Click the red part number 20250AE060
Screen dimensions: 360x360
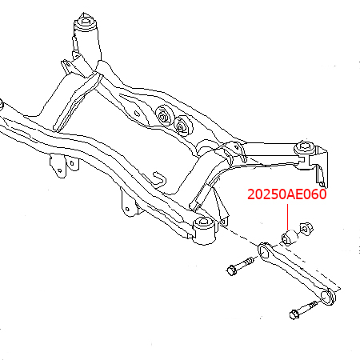pyautogui.click(x=287, y=194)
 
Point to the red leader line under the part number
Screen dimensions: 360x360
pyautogui.click(x=288, y=217)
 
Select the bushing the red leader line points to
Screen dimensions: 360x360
pyautogui.click(x=290, y=237)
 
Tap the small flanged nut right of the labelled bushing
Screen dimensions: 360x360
pyautogui.click(x=306, y=228)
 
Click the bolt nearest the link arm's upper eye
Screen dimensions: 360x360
pyautogui.click(x=240, y=266)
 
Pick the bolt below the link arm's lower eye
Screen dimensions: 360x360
pyautogui.click(x=303, y=310)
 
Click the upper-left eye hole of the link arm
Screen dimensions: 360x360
pyautogui.click(x=264, y=251)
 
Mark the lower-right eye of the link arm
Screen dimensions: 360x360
pyautogui.click(x=327, y=297)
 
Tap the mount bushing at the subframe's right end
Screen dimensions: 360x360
pyautogui.click(x=305, y=155)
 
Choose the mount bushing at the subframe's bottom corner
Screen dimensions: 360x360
pyautogui.click(x=204, y=230)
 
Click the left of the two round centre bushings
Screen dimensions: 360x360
pyautogui.click(x=163, y=116)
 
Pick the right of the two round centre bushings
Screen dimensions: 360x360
pyautogui.click(x=182, y=126)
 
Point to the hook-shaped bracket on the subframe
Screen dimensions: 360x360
pyautogui.click(x=158, y=180)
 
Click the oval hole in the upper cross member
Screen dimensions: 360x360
pyautogui.click(x=138, y=113)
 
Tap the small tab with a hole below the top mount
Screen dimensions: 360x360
pyautogui.click(x=67, y=66)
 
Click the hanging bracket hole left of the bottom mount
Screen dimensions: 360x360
pyautogui.click(x=127, y=210)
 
